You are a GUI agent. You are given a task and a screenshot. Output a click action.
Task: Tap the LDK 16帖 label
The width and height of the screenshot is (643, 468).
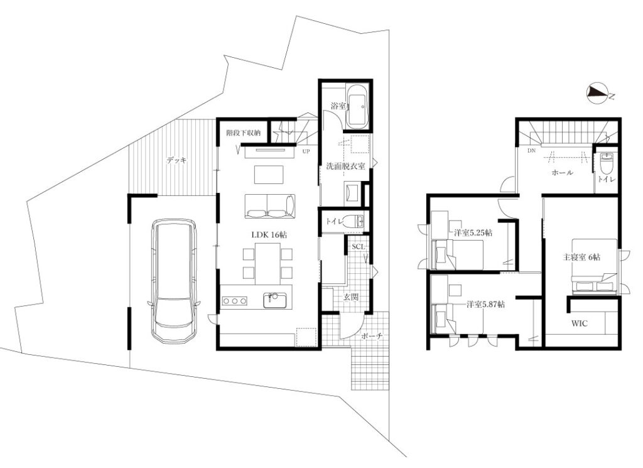pos(269,235)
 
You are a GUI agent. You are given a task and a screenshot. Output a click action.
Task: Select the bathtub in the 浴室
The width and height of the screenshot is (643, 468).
pos(358,106)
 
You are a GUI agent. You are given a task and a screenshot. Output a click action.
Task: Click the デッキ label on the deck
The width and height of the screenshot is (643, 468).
pos(176,160)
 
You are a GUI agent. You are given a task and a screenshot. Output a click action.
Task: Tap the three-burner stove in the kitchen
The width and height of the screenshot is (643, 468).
pos(235,301)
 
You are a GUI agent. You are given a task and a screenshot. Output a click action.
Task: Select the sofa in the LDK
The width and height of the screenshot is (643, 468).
pos(269,206)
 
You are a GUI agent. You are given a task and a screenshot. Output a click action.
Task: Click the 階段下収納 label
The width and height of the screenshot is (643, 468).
pos(243,133)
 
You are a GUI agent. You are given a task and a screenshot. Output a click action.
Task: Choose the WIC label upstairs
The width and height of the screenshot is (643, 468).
pos(580,324)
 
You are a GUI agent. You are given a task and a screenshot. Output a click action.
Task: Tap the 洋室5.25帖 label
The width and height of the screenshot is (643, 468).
pos(473,233)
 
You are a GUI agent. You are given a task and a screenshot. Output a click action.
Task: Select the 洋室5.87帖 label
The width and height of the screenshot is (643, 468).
pos(485,305)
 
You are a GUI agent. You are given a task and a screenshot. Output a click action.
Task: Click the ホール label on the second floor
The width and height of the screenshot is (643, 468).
pos(563,173)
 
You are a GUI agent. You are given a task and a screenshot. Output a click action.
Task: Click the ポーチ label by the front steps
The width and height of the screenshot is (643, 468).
pos(372,336)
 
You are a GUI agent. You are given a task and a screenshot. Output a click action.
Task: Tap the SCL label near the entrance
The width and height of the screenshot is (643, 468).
pos(359,246)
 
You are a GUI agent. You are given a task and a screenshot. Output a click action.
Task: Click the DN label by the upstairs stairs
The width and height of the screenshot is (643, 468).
pos(531,151)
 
